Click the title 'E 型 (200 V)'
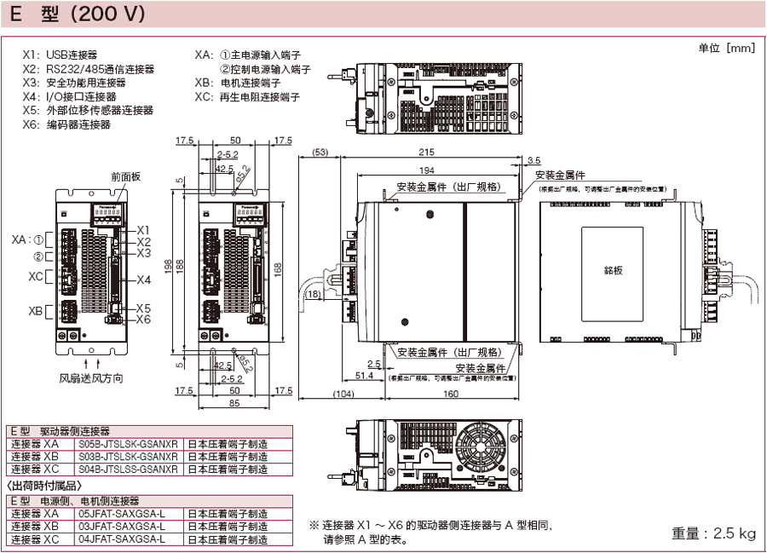(77, 14)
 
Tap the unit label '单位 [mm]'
(726, 48)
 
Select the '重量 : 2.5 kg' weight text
(713, 533)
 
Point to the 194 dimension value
(430, 170)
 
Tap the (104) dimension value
(343, 395)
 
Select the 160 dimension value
(451, 395)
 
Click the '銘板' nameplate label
(614, 270)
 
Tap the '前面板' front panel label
(125, 177)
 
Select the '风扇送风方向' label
(91, 377)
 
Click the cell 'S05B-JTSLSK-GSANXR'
(128, 444)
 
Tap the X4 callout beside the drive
(143, 279)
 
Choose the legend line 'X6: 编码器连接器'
(67, 124)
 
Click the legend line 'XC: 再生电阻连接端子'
(247, 97)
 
